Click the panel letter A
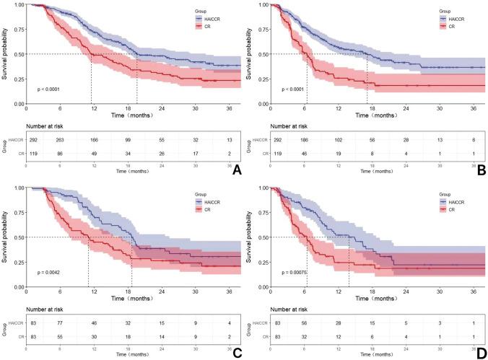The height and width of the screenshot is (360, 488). [232, 170]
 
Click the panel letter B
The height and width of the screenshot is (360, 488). [476, 170]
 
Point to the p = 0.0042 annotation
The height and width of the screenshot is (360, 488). [53, 272]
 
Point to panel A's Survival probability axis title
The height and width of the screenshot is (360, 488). [6, 54]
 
